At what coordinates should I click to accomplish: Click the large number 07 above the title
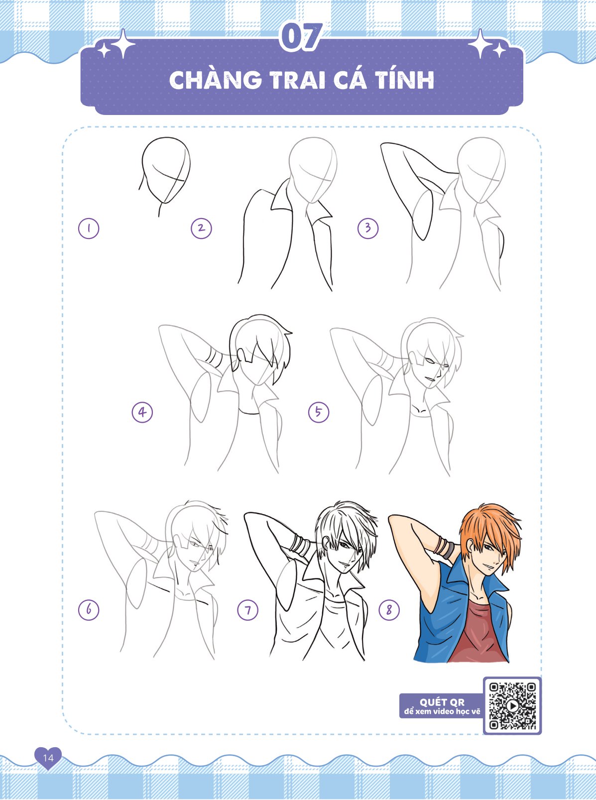tap(301, 37)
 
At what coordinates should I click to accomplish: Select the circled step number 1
tap(89, 228)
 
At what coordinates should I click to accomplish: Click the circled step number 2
tap(201, 228)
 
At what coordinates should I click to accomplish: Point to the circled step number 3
tap(368, 228)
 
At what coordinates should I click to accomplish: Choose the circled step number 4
tap(142, 412)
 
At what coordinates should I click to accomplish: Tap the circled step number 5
tap(319, 412)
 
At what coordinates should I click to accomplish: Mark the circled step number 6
tap(89, 609)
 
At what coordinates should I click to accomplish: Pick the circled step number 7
tap(247, 610)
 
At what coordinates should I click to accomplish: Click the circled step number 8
tap(389, 609)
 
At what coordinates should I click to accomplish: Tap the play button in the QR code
tap(512, 705)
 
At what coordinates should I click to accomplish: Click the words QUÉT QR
tap(442, 702)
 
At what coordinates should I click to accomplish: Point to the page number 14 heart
tap(48, 757)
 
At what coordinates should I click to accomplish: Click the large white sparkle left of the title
tap(123, 44)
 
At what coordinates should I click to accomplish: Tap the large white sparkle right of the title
tap(480, 44)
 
